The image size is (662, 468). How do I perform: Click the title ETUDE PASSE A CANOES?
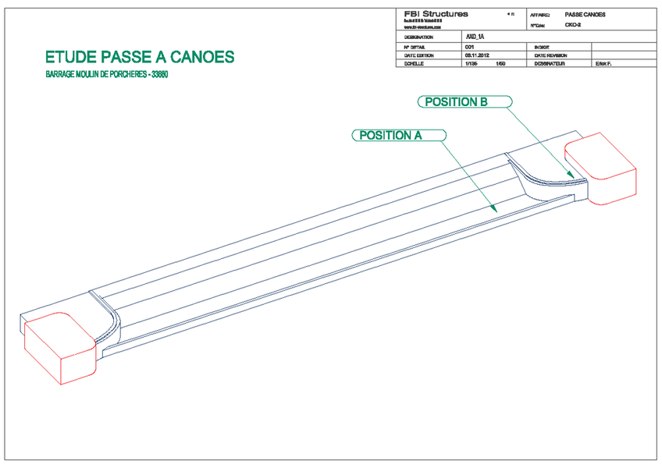coord(140,58)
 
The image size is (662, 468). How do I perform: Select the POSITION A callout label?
coord(390,135)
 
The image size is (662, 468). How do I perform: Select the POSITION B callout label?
coord(456,101)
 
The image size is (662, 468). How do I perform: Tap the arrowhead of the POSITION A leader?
coord(495,210)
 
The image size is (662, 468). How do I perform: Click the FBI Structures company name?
coord(436,14)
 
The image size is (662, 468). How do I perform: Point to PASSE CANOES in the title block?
coord(585,15)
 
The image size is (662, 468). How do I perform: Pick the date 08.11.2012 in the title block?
coord(477,56)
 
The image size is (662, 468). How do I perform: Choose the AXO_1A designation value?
coord(475,37)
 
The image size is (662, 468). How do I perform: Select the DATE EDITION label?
coord(419,56)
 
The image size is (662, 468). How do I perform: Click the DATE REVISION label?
coord(551,56)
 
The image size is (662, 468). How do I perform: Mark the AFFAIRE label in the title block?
coord(540,15)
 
